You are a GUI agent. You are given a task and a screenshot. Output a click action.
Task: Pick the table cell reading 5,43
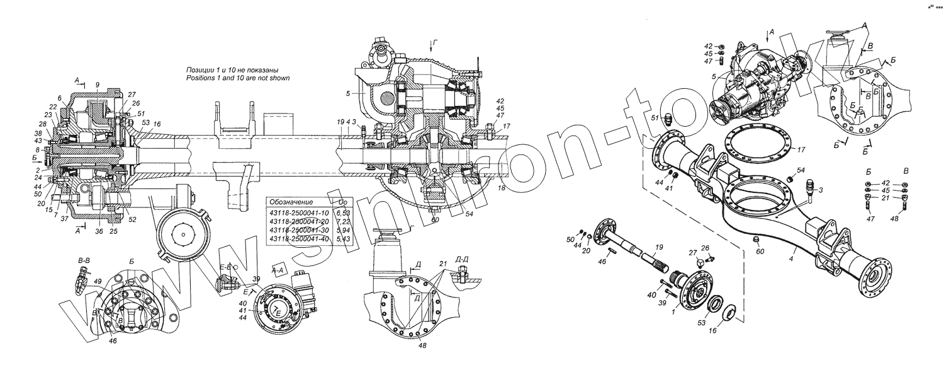point(344,240)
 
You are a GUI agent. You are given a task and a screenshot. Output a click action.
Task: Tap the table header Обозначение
point(291,202)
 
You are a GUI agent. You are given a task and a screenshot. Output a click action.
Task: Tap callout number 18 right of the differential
point(502,188)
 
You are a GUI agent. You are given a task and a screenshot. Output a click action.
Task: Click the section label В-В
point(82,260)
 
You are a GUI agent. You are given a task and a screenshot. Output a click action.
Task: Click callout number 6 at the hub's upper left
point(60,98)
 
